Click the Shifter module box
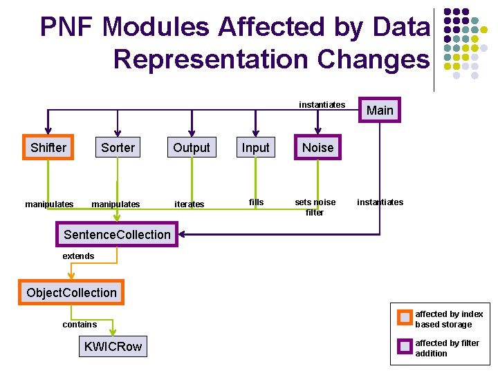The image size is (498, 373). [48, 147]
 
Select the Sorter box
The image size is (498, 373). [118, 147]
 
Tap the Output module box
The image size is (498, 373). [192, 147]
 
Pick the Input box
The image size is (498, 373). [255, 147]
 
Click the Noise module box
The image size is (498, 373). [317, 147]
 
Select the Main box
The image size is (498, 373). [380, 111]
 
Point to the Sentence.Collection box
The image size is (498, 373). [117, 235]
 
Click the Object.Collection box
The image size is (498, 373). [72, 292]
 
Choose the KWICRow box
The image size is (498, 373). [113, 347]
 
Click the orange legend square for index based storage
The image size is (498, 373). [405, 318]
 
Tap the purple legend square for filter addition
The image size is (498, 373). [405, 347]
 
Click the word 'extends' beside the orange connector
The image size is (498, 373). [78, 256]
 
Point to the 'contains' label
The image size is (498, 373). [80, 324]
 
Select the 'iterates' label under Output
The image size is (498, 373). [190, 204]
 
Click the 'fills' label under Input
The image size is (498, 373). [256, 202]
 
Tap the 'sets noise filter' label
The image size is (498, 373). [315, 207]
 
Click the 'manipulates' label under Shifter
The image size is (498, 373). [49, 204]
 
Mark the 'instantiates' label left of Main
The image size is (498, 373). [322, 105]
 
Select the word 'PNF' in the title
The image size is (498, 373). [67, 27]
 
